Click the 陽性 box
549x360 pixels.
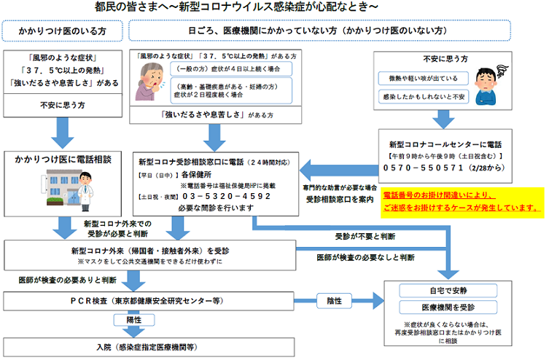[134, 319]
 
